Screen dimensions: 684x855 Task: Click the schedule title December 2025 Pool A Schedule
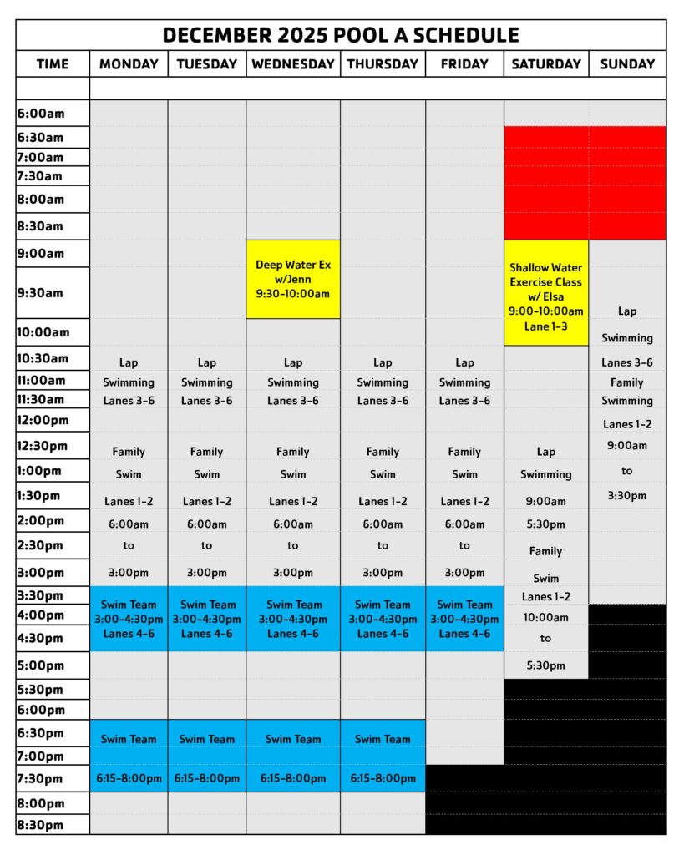point(341,35)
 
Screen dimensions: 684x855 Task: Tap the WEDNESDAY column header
point(293,63)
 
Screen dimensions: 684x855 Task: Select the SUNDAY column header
point(627,63)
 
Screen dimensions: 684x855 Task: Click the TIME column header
point(53,63)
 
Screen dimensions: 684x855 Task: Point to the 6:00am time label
point(41,114)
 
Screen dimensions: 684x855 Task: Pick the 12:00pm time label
point(42,420)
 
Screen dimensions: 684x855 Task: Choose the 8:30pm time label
point(41,825)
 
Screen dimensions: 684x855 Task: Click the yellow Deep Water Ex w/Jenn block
point(293,279)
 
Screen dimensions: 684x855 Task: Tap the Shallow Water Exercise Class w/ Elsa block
point(546,293)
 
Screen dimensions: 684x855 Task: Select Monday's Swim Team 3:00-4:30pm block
point(129,619)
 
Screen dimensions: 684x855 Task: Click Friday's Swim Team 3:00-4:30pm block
point(464,619)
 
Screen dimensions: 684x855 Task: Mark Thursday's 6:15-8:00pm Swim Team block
point(383,756)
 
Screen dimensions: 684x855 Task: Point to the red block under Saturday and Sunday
point(585,183)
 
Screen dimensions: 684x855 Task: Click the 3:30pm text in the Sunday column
point(627,495)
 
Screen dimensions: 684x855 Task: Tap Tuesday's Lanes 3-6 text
point(206,401)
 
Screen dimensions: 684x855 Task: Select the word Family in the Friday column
point(464,452)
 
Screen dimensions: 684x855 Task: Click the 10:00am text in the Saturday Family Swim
point(546,618)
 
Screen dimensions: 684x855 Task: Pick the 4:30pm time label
point(41,639)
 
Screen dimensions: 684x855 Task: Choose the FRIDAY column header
point(464,63)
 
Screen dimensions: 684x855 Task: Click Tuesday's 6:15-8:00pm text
point(206,778)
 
